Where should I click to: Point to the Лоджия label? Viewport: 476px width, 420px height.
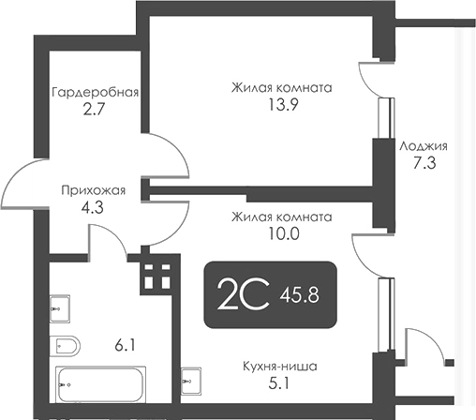(x=424, y=146)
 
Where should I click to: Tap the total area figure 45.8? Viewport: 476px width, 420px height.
(x=300, y=296)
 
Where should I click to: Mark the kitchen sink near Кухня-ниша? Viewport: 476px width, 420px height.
(x=190, y=381)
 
